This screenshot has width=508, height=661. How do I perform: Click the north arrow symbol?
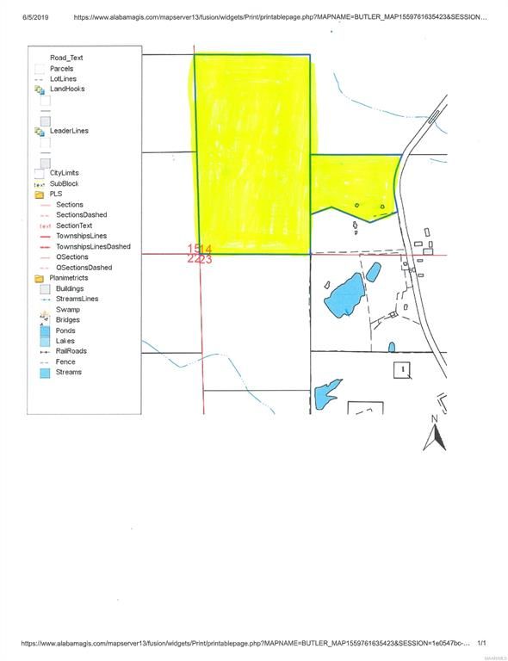[x=435, y=435]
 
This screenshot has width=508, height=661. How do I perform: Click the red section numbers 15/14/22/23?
[x=200, y=254]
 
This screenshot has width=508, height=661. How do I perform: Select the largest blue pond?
[x=344, y=296]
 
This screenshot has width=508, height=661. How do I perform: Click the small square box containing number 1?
[x=401, y=369]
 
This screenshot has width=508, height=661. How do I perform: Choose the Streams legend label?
[x=69, y=372]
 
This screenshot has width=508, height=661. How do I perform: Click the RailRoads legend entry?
[x=71, y=351]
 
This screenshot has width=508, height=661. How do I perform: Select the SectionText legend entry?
[x=75, y=225]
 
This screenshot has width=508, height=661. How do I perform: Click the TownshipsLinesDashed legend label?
[x=93, y=246]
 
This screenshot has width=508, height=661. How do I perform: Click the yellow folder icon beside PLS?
[x=40, y=195]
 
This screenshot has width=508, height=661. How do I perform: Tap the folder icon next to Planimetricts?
[x=40, y=278]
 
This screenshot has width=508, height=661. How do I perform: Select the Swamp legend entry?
[x=68, y=309]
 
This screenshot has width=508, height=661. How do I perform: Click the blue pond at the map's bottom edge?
[x=327, y=395]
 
